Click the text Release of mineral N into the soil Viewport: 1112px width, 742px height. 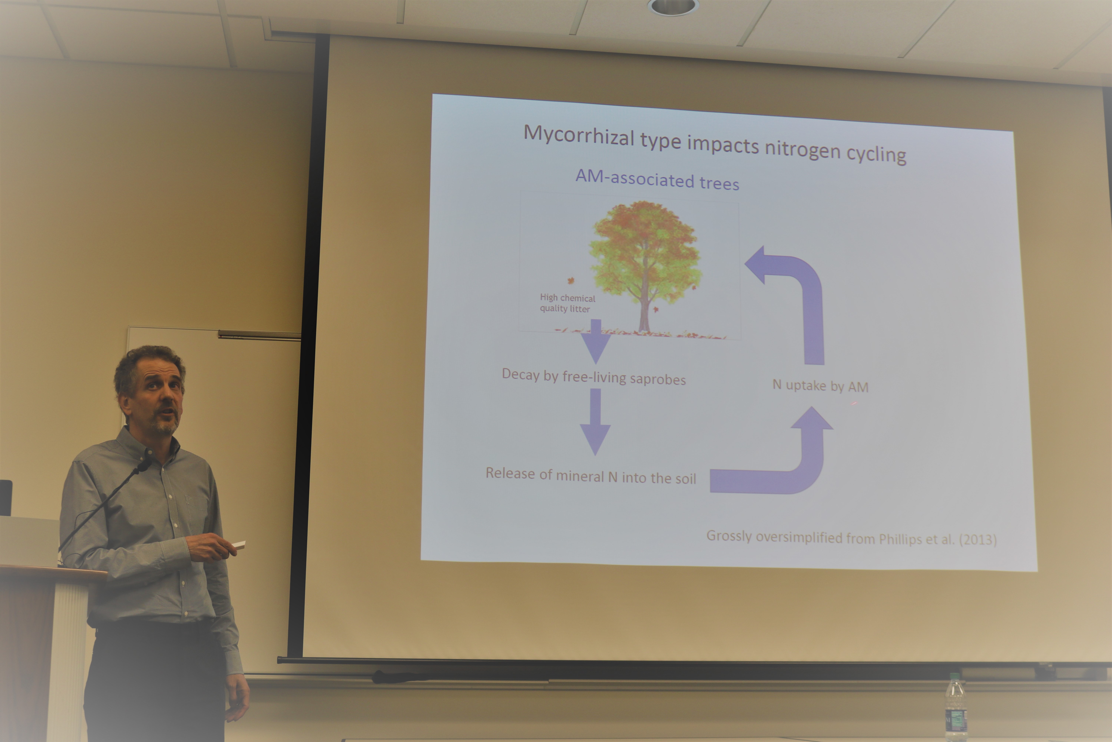[x=591, y=476]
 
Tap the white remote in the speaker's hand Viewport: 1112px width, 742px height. [x=239, y=545]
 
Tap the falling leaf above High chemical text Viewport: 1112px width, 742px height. [x=571, y=281]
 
